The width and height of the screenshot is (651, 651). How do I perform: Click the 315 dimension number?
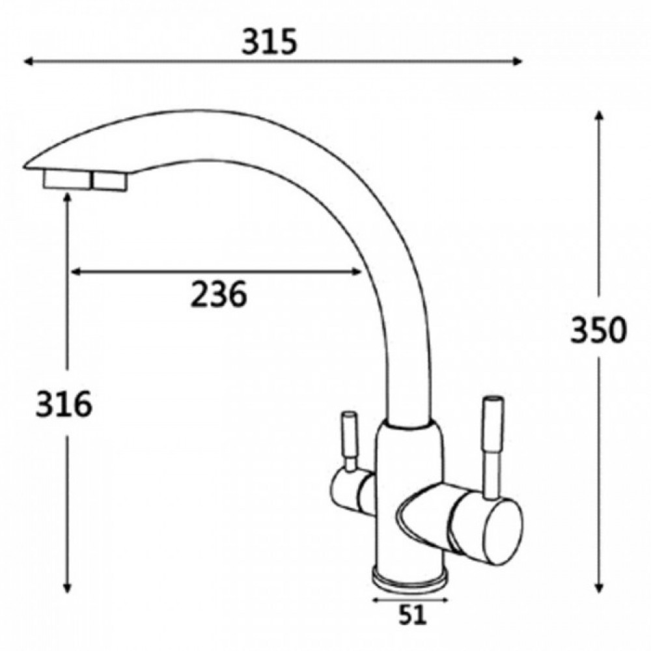[270, 42]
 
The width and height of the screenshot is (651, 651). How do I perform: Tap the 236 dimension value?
[219, 294]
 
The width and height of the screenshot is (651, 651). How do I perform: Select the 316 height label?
[64, 404]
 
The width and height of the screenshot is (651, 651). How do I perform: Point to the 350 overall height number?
[598, 330]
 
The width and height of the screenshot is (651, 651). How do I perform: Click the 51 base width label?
[412, 615]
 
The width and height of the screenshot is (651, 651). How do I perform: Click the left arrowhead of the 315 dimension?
[28, 61]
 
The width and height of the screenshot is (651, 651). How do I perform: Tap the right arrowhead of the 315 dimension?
[518, 61]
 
